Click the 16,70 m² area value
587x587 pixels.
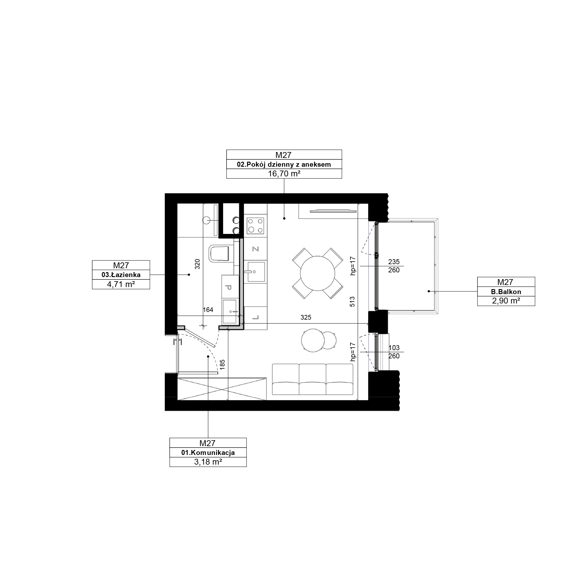click(x=284, y=174)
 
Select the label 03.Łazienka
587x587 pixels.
click(x=121, y=275)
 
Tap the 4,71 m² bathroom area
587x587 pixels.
click(x=121, y=284)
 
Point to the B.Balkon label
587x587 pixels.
click(x=506, y=292)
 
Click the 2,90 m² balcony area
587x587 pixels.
click(x=506, y=301)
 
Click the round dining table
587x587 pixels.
click(x=318, y=274)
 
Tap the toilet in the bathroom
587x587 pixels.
click(x=219, y=253)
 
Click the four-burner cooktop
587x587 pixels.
click(x=256, y=225)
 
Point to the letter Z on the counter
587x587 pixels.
click(x=255, y=249)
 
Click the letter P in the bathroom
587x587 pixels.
click(x=228, y=287)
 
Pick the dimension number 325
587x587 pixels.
click(x=306, y=317)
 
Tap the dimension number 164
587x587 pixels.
click(x=208, y=310)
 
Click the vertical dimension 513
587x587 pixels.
click(x=352, y=301)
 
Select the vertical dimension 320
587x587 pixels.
click(x=198, y=264)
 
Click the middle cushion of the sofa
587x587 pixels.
click(x=313, y=379)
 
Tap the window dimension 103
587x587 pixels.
click(x=394, y=348)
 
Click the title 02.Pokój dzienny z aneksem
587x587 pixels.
click(x=284, y=164)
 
